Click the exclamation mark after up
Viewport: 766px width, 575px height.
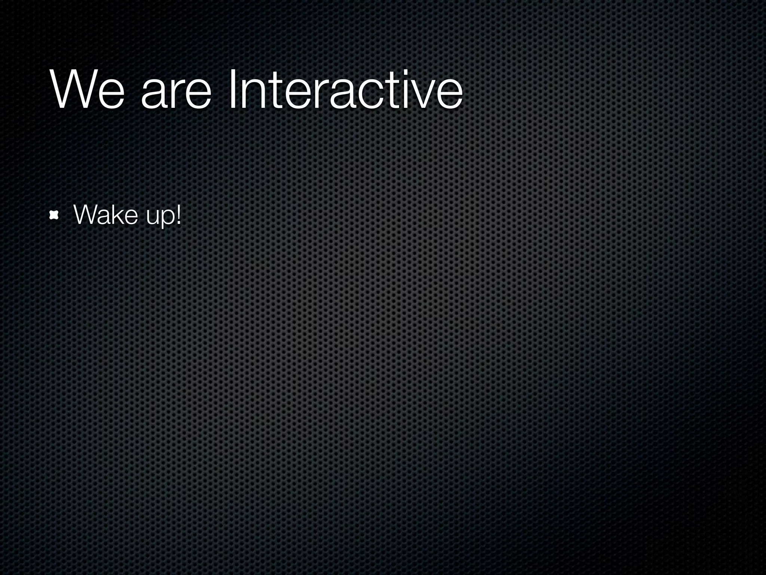pyautogui.click(x=178, y=215)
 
